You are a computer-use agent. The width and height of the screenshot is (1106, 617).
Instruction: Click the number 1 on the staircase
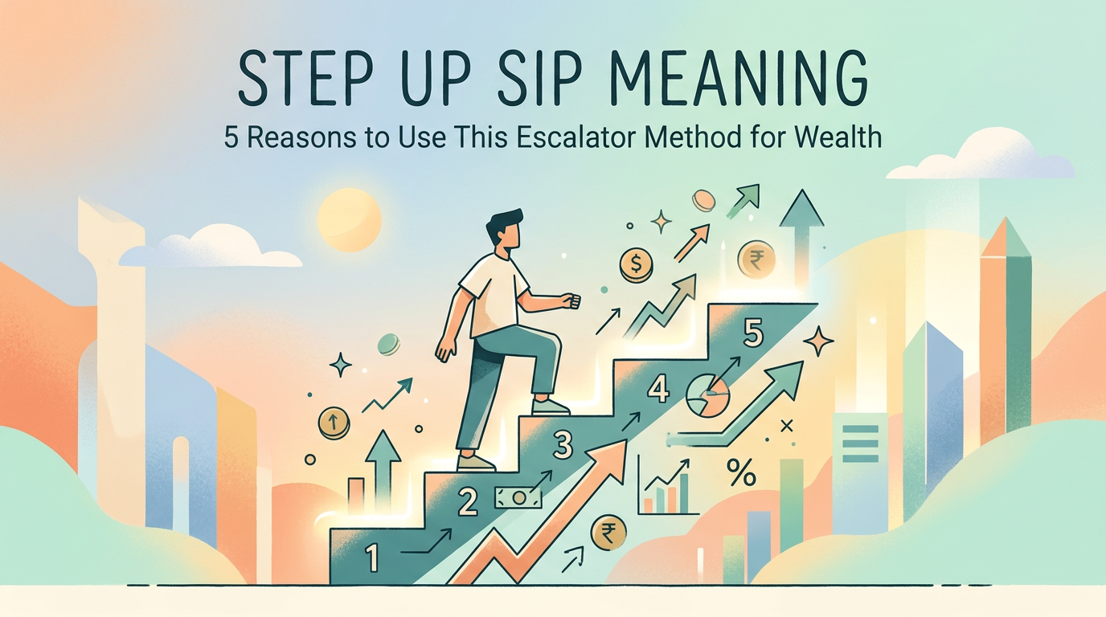point(371,557)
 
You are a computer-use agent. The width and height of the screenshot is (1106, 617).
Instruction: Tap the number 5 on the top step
point(753,333)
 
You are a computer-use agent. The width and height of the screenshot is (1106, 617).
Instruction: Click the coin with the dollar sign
point(636,263)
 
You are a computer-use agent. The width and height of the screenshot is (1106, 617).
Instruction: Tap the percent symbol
point(740,473)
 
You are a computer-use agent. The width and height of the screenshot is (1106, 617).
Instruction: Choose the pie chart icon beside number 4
point(707,396)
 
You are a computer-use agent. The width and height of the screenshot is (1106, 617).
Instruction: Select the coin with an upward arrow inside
point(334,423)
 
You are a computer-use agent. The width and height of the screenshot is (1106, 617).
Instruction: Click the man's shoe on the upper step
point(551,407)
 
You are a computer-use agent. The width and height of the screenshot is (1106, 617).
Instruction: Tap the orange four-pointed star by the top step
point(819,341)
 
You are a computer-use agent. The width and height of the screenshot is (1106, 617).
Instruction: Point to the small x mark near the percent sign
point(786,425)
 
